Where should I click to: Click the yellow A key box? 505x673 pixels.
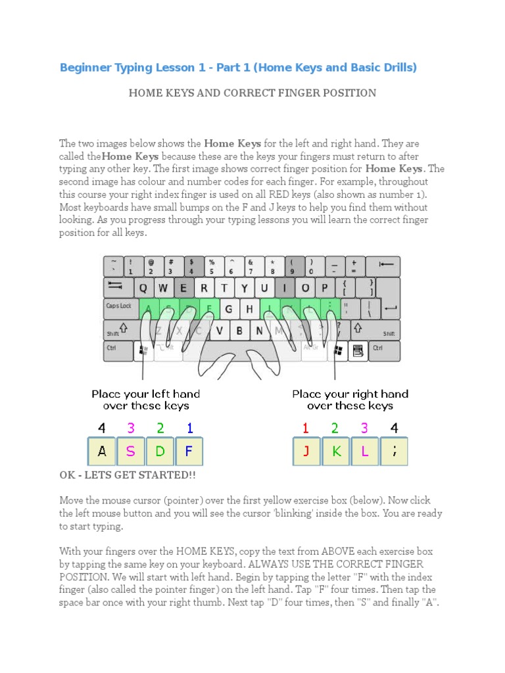click(x=102, y=452)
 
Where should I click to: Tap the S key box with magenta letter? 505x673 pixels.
click(x=131, y=452)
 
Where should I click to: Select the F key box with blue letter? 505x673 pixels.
click(x=189, y=452)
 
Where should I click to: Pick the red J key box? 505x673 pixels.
click(x=306, y=452)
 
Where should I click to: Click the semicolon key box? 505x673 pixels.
click(x=393, y=452)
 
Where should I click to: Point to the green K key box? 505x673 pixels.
click(x=335, y=452)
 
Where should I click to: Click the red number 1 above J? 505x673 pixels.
click(x=306, y=429)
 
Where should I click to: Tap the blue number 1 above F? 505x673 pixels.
click(x=190, y=429)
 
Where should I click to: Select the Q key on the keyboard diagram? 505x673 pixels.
click(x=144, y=288)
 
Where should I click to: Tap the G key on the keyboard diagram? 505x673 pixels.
click(x=229, y=309)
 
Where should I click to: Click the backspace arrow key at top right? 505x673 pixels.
click(x=386, y=266)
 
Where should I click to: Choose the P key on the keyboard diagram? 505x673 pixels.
click(x=324, y=288)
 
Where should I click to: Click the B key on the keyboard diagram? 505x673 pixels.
click(x=240, y=330)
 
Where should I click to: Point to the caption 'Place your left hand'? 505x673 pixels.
click(x=145, y=394)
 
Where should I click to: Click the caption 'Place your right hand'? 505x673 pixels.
click(x=350, y=394)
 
